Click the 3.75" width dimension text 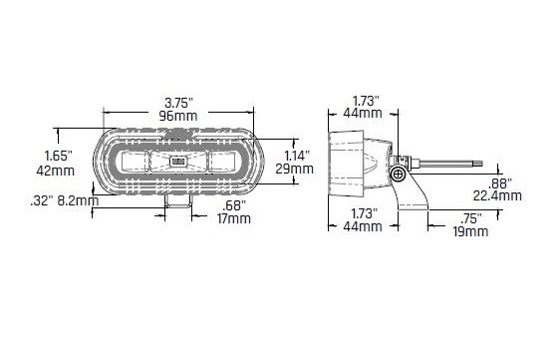coord(178,104)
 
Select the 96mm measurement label coord(178,116)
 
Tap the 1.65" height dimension coord(59,156)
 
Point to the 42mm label coord(56,171)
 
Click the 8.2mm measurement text coord(78,201)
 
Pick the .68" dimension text coord(234,205)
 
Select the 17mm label coord(234,218)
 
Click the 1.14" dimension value coord(297,156)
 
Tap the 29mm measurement coord(295,169)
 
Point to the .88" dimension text coord(499,183)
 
